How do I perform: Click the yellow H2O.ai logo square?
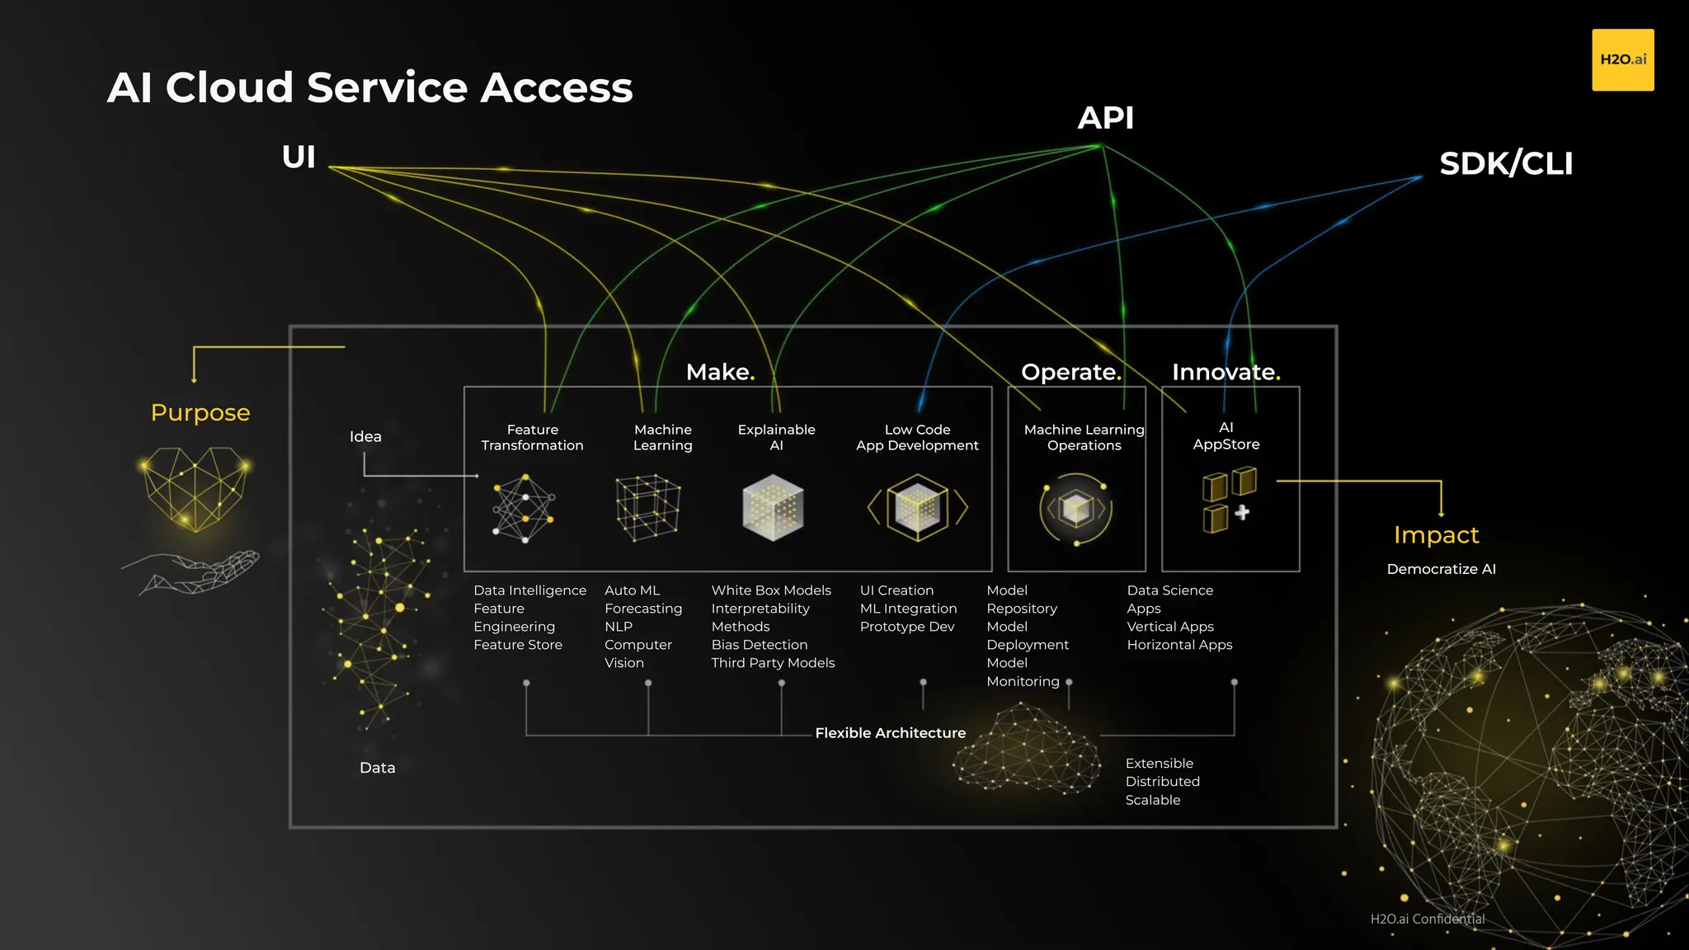tap(1622, 59)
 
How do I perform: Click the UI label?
tap(299, 157)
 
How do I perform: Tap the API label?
tap(1105, 118)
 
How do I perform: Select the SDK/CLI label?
tap(1506, 163)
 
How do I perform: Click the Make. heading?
tap(720, 372)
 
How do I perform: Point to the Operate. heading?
tap(1070, 372)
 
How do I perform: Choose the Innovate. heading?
tap(1226, 372)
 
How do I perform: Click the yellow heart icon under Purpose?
tap(195, 488)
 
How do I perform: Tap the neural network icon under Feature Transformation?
tap(524, 508)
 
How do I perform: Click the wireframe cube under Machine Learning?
tap(648, 507)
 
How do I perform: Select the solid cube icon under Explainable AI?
tap(773, 507)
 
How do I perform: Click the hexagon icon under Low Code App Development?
tap(917, 507)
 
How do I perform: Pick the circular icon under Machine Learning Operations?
tap(1076, 509)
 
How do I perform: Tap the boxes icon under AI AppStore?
tap(1228, 500)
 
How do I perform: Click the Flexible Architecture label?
tap(890, 733)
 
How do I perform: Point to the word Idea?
tap(365, 437)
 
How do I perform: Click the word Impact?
tap(1436, 535)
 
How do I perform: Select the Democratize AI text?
tap(1441, 569)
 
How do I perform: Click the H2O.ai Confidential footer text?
tap(1427, 919)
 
